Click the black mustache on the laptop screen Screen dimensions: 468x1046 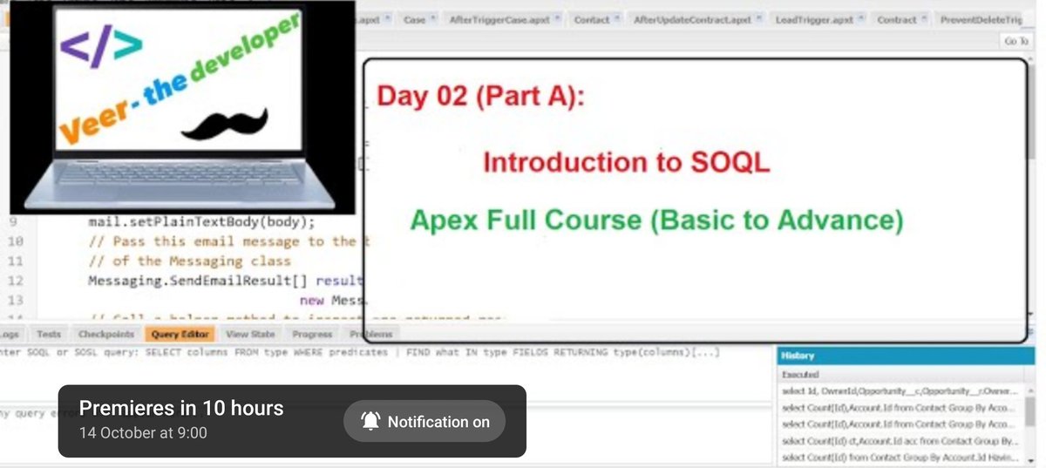(x=222, y=125)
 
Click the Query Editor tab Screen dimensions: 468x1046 (x=180, y=334)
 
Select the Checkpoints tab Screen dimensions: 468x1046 (x=105, y=334)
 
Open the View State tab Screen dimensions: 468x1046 (x=250, y=334)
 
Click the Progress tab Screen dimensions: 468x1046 (x=312, y=334)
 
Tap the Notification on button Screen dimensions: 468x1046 (x=425, y=422)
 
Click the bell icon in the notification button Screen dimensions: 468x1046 (x=370, y=422)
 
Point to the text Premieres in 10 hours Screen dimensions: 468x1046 (x=181, y=408)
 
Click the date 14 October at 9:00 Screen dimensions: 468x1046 (x=143, y=432)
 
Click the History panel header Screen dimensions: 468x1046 (x=798, y=356)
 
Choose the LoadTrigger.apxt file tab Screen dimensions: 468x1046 (x=814, y=19)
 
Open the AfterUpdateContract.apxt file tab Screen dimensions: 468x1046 (x=692, y=19)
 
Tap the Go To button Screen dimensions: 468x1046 (x=1015, y=41)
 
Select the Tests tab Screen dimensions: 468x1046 (x=49, y=334)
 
